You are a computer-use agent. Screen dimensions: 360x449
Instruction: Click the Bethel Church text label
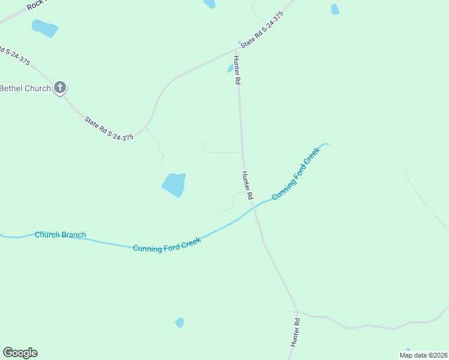25,88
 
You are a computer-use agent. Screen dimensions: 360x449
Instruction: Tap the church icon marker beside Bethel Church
59,88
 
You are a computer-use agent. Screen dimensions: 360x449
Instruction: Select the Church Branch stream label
60,235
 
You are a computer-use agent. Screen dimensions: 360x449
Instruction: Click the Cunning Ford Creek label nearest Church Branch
166,245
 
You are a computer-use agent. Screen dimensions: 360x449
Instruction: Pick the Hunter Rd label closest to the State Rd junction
237,70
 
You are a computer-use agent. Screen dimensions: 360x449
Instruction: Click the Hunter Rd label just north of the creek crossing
247,185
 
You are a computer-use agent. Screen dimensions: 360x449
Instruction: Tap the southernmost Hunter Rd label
295,332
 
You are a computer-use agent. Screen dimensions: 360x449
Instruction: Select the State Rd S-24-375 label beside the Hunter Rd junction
261,29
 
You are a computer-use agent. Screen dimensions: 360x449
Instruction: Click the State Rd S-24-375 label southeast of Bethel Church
109,129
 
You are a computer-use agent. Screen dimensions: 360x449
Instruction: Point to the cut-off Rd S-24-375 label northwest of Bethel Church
14,52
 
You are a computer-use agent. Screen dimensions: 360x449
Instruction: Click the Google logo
20,353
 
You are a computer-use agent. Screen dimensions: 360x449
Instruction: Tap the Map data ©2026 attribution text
423,355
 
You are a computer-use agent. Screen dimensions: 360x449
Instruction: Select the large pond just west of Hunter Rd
174,185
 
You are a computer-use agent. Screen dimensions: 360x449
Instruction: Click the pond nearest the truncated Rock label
44,28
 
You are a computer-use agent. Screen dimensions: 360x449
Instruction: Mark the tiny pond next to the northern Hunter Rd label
230,68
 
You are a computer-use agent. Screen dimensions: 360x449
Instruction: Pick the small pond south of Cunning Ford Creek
179,323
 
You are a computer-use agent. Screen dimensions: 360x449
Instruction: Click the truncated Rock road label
37,5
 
